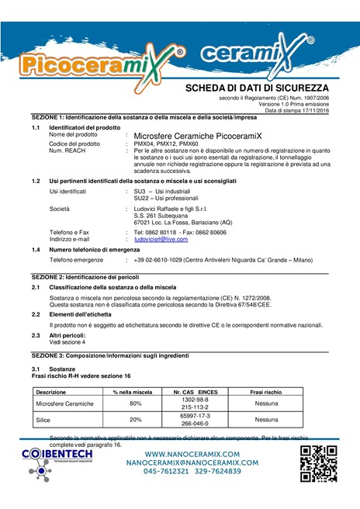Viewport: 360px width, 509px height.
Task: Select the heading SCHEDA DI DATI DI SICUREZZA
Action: click(x=257, y=88)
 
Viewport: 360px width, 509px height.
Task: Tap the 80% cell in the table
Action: click(x=135, y=403)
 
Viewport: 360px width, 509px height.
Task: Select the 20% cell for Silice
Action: click(x=135, y=420)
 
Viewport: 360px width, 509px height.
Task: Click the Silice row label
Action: click(x=43, y=420)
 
